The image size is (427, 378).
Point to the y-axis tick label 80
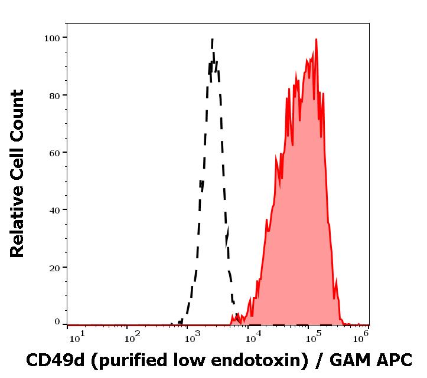pyautogui.click(x=54, y=96)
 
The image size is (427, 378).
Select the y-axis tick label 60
pyautogui.click(x=54, y=153)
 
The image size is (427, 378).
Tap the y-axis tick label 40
pyautogui.click(x=54, y=210)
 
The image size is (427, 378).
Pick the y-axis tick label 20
pyautogui.click(x=54, y=267)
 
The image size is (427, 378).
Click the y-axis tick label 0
pyautogui.click(x=57, y=323)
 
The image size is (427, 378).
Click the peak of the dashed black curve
pyautogui.click(x=212, y=40)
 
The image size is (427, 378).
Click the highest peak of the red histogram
pyautogui.click(x=317, y=40)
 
